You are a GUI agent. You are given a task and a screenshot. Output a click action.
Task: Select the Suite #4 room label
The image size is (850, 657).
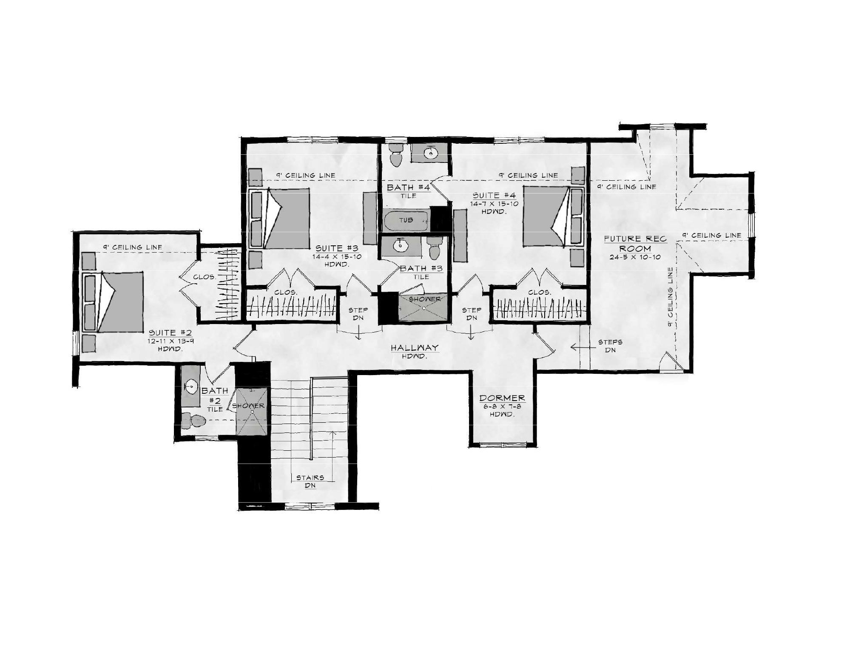click(x=495, y=196)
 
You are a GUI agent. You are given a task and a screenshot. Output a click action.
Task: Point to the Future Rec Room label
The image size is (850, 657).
click(x=635, y=244)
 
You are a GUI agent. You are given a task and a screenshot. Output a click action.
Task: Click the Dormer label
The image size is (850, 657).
click(x=502, y=398)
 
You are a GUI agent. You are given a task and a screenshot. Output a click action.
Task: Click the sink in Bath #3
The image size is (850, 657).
click(x=400, y=245)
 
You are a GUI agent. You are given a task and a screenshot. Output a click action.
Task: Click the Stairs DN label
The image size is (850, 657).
click(x=310, y=482)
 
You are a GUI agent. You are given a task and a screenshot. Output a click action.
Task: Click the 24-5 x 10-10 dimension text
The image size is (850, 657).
click(x=634, y=257)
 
